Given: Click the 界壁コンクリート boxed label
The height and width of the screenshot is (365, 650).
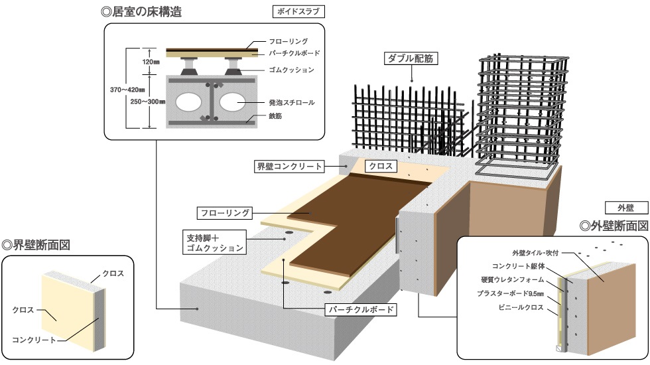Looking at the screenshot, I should pyautogui.click(x=289, y=166).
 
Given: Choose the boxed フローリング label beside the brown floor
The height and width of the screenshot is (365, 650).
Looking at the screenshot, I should pyautogui.click(x=226, y=213).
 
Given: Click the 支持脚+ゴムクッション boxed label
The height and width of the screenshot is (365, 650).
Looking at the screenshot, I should pyautogui.click(x=214, y=242).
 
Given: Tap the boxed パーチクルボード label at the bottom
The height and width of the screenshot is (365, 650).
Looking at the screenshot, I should pyautogui.click(x=361, y=309).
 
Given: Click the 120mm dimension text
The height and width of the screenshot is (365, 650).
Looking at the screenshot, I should pyautogui.click(x=151, y=62).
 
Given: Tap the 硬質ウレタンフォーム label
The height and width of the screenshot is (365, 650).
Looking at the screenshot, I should pyautogui.click(x=514, y=279).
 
